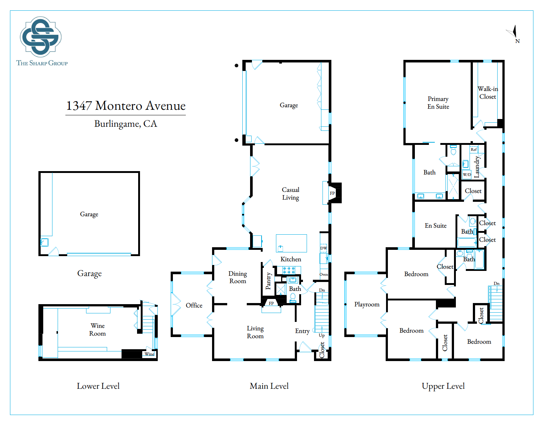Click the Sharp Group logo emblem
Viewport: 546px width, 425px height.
click(41, 37)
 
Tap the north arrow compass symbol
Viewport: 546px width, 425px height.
click(513, 33)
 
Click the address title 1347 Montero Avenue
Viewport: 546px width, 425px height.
click(126, 106)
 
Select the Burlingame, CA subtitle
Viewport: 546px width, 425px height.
click(126, 124)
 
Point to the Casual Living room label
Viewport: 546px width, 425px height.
click(290, 194)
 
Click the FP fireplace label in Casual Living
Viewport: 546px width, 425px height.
click(332, 193)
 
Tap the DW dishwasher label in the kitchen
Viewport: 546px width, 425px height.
click(324, 248)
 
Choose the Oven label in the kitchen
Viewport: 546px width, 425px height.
click(324, 275)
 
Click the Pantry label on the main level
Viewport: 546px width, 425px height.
click(268, 281)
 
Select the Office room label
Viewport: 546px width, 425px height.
click(194, 305)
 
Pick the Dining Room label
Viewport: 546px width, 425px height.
click(238, 277)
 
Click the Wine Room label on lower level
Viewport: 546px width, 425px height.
click(98, 330)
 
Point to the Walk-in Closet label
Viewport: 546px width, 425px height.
click(488, 93)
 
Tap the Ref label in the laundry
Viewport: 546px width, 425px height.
click(474, 150)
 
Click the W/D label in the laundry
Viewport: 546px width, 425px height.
click(467, 174)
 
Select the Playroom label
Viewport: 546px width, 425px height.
click(367, 305)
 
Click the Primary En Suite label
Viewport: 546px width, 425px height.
click(438, 103)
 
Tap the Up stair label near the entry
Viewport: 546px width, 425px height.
click(322, 336)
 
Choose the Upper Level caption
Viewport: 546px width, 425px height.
click(443, 386)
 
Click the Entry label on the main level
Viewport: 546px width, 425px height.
click(302, 331)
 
